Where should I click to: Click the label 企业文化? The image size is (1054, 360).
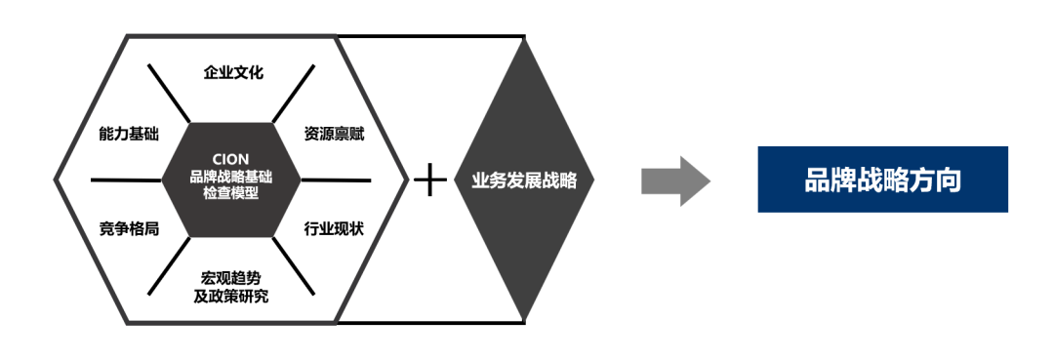click(233, 72)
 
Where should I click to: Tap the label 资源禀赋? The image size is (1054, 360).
click(334, 134)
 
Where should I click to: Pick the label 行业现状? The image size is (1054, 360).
click(334, 229)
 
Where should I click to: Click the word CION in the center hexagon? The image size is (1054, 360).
click(231, 159)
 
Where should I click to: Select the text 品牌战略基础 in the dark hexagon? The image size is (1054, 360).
click(231, 177)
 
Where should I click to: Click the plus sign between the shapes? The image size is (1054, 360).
click(429, 180)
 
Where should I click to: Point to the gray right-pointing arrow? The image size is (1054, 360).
click(674, 180)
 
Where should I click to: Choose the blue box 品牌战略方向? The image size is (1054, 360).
click(882, 180)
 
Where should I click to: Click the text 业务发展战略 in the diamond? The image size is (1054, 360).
click(524, 180)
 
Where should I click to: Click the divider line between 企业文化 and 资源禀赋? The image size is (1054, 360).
click(294, 94)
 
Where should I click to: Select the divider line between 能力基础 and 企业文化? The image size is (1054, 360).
click(169, 94)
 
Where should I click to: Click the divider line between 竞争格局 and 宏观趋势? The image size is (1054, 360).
click(169, 266)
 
